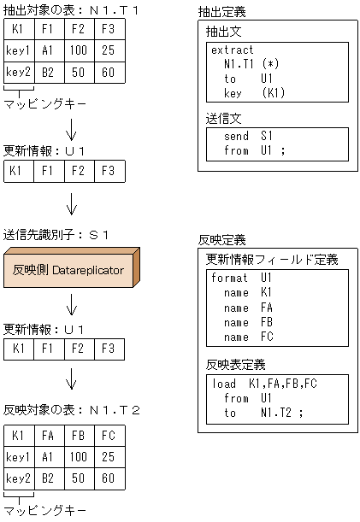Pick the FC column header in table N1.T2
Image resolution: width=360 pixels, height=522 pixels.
(x=107, y=435)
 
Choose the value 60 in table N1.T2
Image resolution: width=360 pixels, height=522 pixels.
(x=107, y=478)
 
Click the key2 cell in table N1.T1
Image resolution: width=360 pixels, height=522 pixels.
(x=18, y=73)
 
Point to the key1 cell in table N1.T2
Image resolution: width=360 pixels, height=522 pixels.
(x=18, y=457)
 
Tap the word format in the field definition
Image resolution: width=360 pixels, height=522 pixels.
(x=230, y=279)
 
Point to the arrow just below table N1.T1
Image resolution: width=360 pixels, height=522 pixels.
(x=72, y=129)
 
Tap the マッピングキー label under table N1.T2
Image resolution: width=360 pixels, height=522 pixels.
(x=45, y=510)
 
